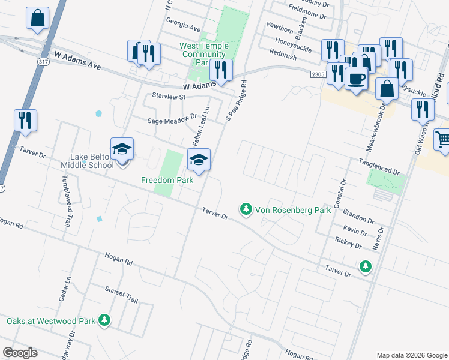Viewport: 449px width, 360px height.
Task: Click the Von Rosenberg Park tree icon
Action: pyautogui.click(x=245, y=209)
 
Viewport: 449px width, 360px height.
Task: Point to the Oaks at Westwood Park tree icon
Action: pyautogui.click(x=105, y=320)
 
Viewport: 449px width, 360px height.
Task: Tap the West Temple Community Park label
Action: pyautogui.click(x=203, y=54)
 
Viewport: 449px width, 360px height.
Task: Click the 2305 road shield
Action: pyautogui.click(x=318, y=73)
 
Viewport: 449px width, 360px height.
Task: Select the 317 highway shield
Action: pyautogui.click(x=43, y=62)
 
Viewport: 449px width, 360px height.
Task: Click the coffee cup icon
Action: pyautogui.click(x=356, y=79)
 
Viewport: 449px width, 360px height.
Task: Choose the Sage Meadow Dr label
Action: pyautogui.click(x=172, y=120)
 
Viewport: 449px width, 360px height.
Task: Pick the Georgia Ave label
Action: pyautogui.click(x=184, y=28)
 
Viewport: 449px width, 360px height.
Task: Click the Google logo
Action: pyautogui.click(x=20, y=353)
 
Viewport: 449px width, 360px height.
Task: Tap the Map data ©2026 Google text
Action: pyautogui.click(x=412, y=355)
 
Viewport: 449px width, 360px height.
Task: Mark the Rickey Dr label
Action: pyautogui.click(x=349, y=245)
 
